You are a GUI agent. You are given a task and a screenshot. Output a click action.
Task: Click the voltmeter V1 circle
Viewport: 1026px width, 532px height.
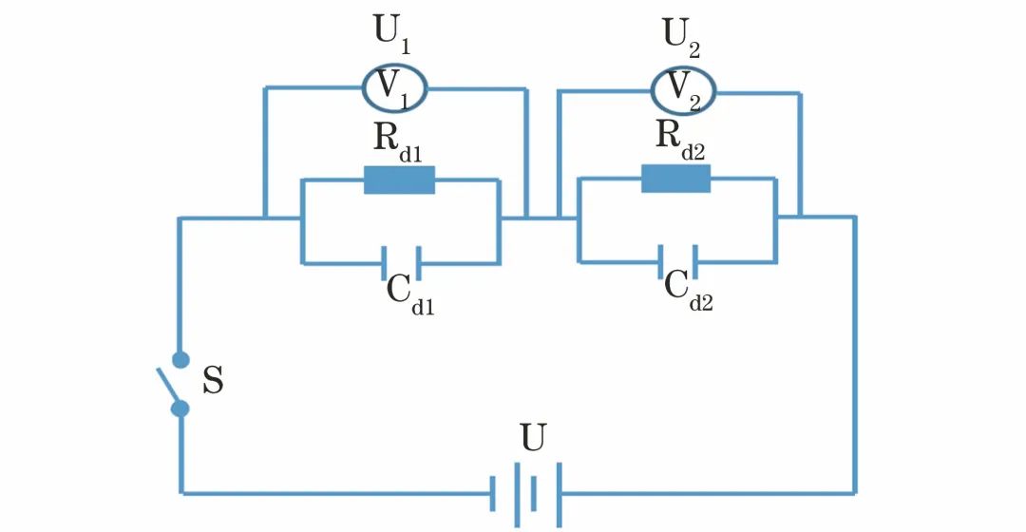[394, 87]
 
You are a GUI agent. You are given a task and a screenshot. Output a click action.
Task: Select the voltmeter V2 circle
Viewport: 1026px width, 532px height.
[682, 88]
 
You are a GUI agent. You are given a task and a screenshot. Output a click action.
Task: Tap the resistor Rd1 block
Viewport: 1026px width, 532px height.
[399, 180]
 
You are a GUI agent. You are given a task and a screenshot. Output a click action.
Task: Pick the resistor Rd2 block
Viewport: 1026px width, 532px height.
[675, 178]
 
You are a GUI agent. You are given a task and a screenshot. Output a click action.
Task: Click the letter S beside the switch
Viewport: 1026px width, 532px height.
[214, 385]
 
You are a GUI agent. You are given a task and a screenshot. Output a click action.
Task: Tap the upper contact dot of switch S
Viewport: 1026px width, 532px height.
[180, 359]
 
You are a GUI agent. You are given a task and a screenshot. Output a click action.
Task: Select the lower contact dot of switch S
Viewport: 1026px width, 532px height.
[180, 408]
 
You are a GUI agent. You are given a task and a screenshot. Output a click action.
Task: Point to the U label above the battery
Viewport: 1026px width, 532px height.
[533, 438]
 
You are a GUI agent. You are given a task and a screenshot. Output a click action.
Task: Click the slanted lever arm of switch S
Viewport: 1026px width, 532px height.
[169, 383]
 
